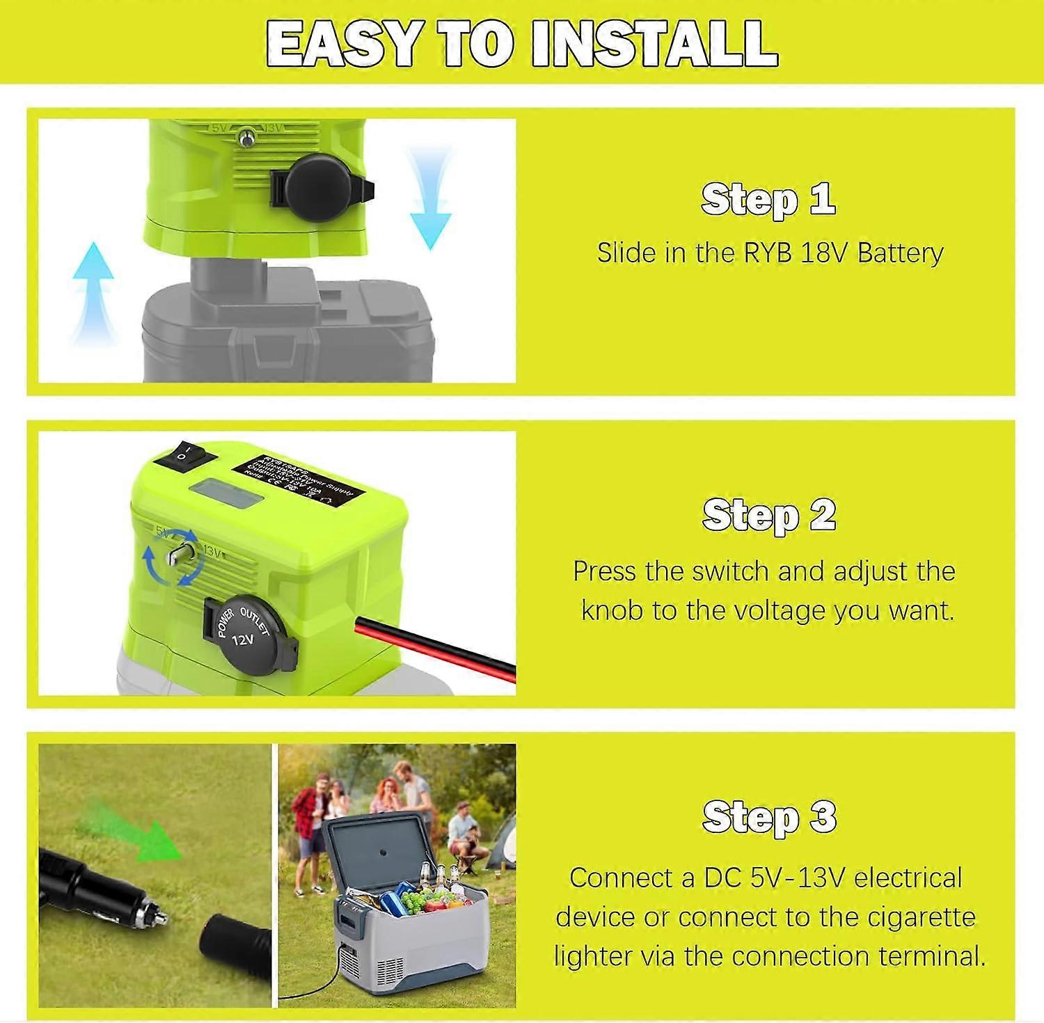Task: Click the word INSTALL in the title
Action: click(x=654, y=43)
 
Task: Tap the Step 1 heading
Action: click(x=768, y=200)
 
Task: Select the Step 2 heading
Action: click(x=768, y=515)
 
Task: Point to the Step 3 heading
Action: click(x=768, y=816)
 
